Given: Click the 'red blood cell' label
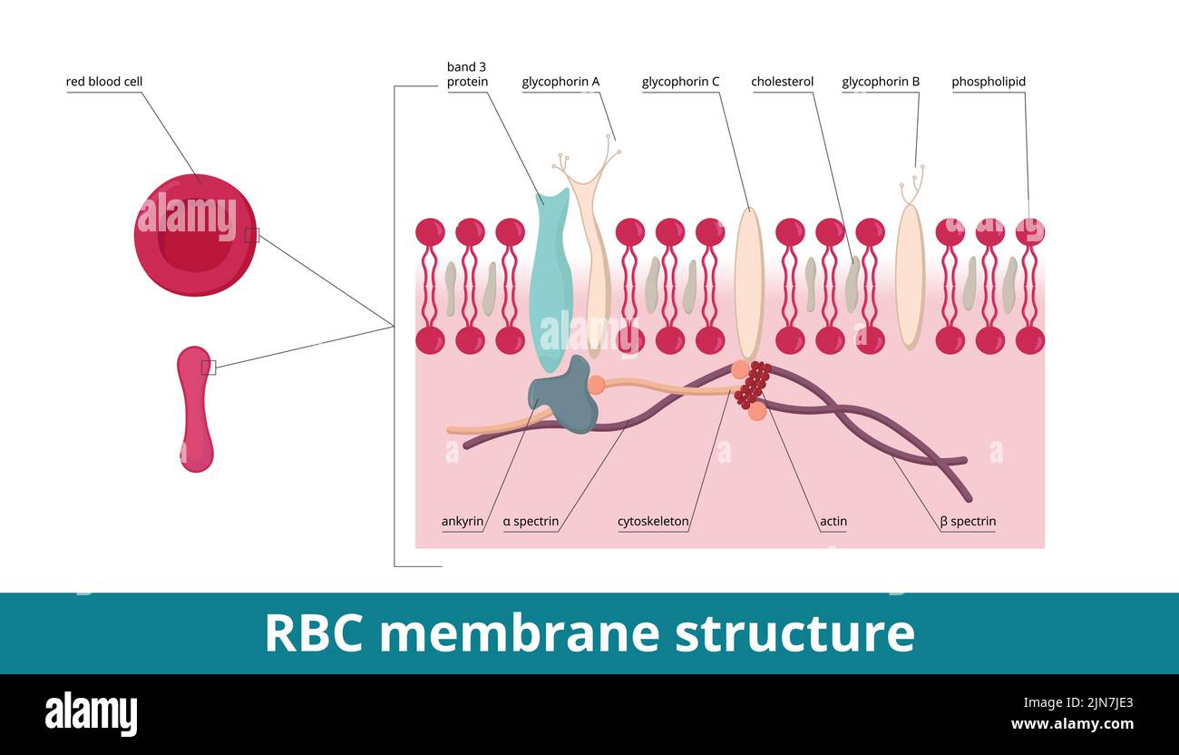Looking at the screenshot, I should [104, 82].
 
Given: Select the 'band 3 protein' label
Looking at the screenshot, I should [467, 74].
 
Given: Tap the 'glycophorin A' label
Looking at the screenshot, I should [560, 82].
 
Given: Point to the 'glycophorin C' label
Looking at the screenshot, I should [680, 82].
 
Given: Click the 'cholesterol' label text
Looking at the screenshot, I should [782, 82].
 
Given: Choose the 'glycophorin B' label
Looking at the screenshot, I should [881, 82].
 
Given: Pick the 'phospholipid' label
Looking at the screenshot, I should [989, 82].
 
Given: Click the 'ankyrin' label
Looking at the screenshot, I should [463, 522].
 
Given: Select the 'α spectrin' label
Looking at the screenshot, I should [531, 522].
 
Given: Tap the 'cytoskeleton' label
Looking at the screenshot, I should [653, 522].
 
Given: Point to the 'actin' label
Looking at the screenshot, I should [833, 522].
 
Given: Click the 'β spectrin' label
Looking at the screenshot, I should [968, 522].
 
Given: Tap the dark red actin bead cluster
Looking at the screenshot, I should [752, 385].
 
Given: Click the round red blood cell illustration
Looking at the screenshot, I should [195, 235].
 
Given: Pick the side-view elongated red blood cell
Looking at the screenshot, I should [196, 408].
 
